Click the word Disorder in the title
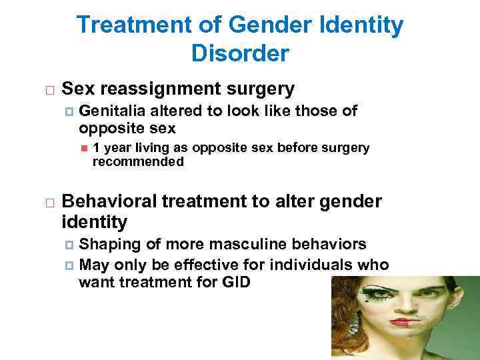tap(239, 53)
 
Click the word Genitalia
tap(112, 111)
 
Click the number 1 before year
tap(97, 147)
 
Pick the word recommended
tap(137, 161)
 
